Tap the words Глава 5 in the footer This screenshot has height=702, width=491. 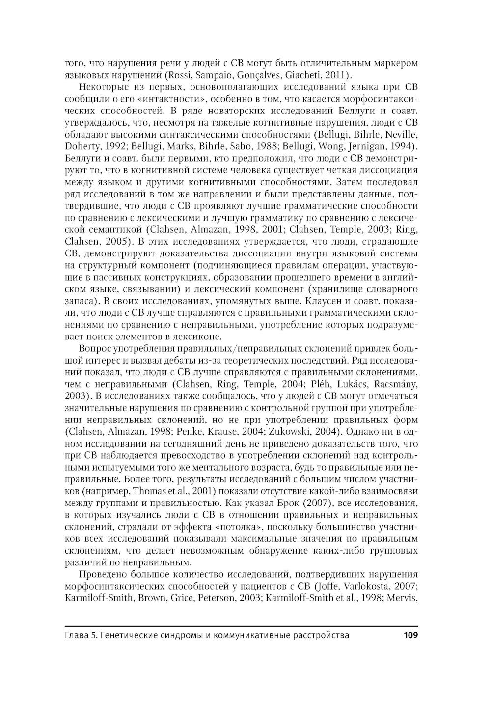80,635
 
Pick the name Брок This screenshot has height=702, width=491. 302,503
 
